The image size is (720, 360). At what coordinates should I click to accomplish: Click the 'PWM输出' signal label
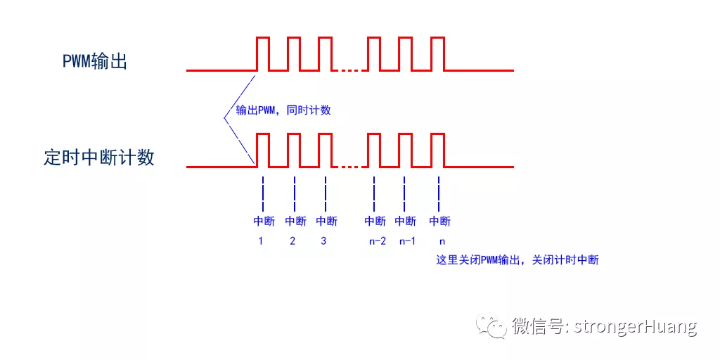pos(95,61)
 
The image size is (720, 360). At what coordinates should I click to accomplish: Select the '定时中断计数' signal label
pos(99,157)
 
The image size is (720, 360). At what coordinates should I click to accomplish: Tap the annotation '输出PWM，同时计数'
pos(283,110)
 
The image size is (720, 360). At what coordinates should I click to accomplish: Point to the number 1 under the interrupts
pos(261,241)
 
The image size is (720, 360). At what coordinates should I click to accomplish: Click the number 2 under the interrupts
pos(292,241)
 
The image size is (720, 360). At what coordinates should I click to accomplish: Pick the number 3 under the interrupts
pos(323,241)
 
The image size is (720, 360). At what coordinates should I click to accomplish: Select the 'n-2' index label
pos(378,242)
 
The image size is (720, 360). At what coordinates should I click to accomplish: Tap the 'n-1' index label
pos(407,242)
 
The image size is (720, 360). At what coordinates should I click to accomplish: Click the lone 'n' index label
pos(442,242)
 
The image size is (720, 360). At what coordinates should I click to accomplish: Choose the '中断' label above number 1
pos(264,221)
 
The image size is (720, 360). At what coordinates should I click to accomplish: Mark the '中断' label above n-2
pos(375,221)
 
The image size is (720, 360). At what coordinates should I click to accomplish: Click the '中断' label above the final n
pos(440,221)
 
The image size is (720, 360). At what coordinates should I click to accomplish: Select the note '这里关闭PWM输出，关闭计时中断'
pos(517,260)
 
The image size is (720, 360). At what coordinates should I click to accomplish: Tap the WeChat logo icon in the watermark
pos(491,326)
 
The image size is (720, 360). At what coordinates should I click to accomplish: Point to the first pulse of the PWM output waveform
pos(263,53)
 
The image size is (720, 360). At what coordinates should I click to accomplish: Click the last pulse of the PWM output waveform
pos(437,53)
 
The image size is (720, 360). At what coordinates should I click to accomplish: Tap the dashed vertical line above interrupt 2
pos(295,193)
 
